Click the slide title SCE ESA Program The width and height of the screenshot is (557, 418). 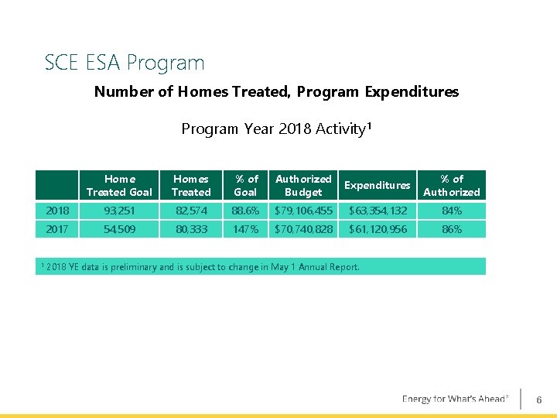tap(125, 63)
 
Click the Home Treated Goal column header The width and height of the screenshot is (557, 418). tap(119, 186)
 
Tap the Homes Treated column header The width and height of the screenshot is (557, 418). tap(190, 186)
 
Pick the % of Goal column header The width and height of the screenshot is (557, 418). tap(245, 186)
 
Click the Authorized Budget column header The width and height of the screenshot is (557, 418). tap(303, 186)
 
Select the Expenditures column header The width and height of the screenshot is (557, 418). tap(377, 186)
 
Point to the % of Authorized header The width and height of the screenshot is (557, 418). tap(452, 186)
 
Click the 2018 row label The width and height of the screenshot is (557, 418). tap(57, 211)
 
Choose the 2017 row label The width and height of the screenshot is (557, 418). tap(57, 229)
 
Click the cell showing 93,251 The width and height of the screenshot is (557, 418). tap(119, 211)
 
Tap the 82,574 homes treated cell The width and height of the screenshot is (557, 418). tap(190, 211)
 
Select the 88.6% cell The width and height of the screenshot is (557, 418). tap(245, 211)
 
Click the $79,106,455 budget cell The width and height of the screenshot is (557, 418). tap(303, 211)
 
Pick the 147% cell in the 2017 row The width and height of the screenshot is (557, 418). tap(245, 229)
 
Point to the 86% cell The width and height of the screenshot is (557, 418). tap(452, 229)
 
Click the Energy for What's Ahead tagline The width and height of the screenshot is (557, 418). tap(455, 399)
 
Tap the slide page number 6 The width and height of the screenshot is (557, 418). tap(539, 399)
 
